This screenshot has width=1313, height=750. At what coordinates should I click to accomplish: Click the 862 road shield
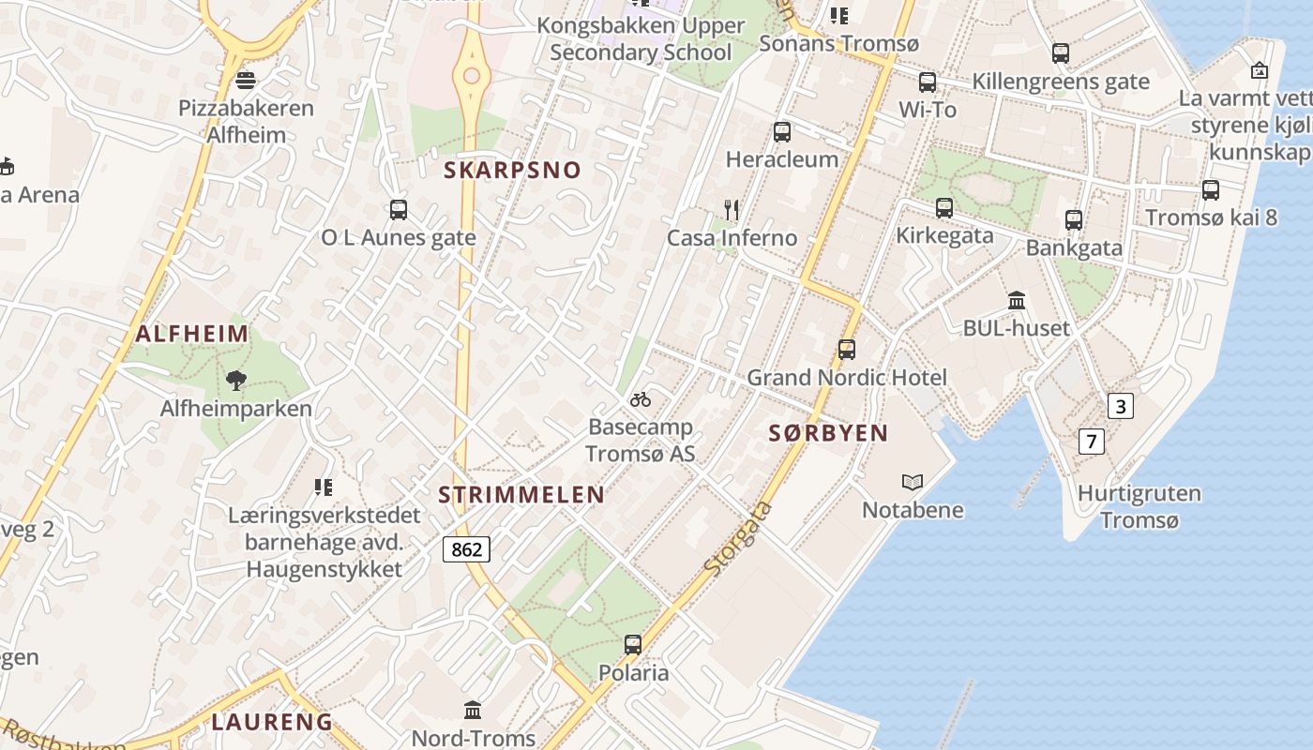[x=466, y=549]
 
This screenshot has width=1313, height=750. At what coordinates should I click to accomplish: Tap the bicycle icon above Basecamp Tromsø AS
[x=641, y=399]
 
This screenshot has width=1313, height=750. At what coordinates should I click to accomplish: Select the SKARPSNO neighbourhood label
[x=512, y=170]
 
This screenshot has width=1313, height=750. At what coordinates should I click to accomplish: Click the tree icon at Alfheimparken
[x=236, y=380]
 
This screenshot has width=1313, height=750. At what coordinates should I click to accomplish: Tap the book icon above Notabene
[x=912, y=482]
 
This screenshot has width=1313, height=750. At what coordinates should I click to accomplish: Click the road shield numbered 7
[x=1091, y=441]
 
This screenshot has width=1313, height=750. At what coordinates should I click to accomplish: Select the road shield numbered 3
[x=1120, y=406]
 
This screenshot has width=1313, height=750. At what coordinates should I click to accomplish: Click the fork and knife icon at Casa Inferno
[x=732, y=209]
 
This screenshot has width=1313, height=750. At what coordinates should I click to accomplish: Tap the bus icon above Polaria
[x=633, y=645]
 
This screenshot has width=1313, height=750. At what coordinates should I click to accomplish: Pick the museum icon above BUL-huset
[x=1017, y=300]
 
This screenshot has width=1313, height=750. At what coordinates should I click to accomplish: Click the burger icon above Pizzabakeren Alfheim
[x=246, y=80]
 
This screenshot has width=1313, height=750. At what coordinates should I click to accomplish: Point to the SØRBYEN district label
[x=828, y=433]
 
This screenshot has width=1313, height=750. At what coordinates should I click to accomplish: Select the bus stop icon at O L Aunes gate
[x=399, y=210]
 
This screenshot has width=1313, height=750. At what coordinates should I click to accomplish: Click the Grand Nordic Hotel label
[x=847, y=378]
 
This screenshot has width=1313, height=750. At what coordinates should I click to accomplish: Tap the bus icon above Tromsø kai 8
[x=1211, y=190]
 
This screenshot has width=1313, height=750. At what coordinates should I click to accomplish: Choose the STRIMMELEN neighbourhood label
[x=521, y=495]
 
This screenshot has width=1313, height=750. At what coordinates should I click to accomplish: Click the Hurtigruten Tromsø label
[x=1139, y=506]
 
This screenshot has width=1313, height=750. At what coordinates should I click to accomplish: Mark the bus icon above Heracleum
[x=782, y=132]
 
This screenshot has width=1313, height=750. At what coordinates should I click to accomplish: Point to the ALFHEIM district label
[x=192, y=334]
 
